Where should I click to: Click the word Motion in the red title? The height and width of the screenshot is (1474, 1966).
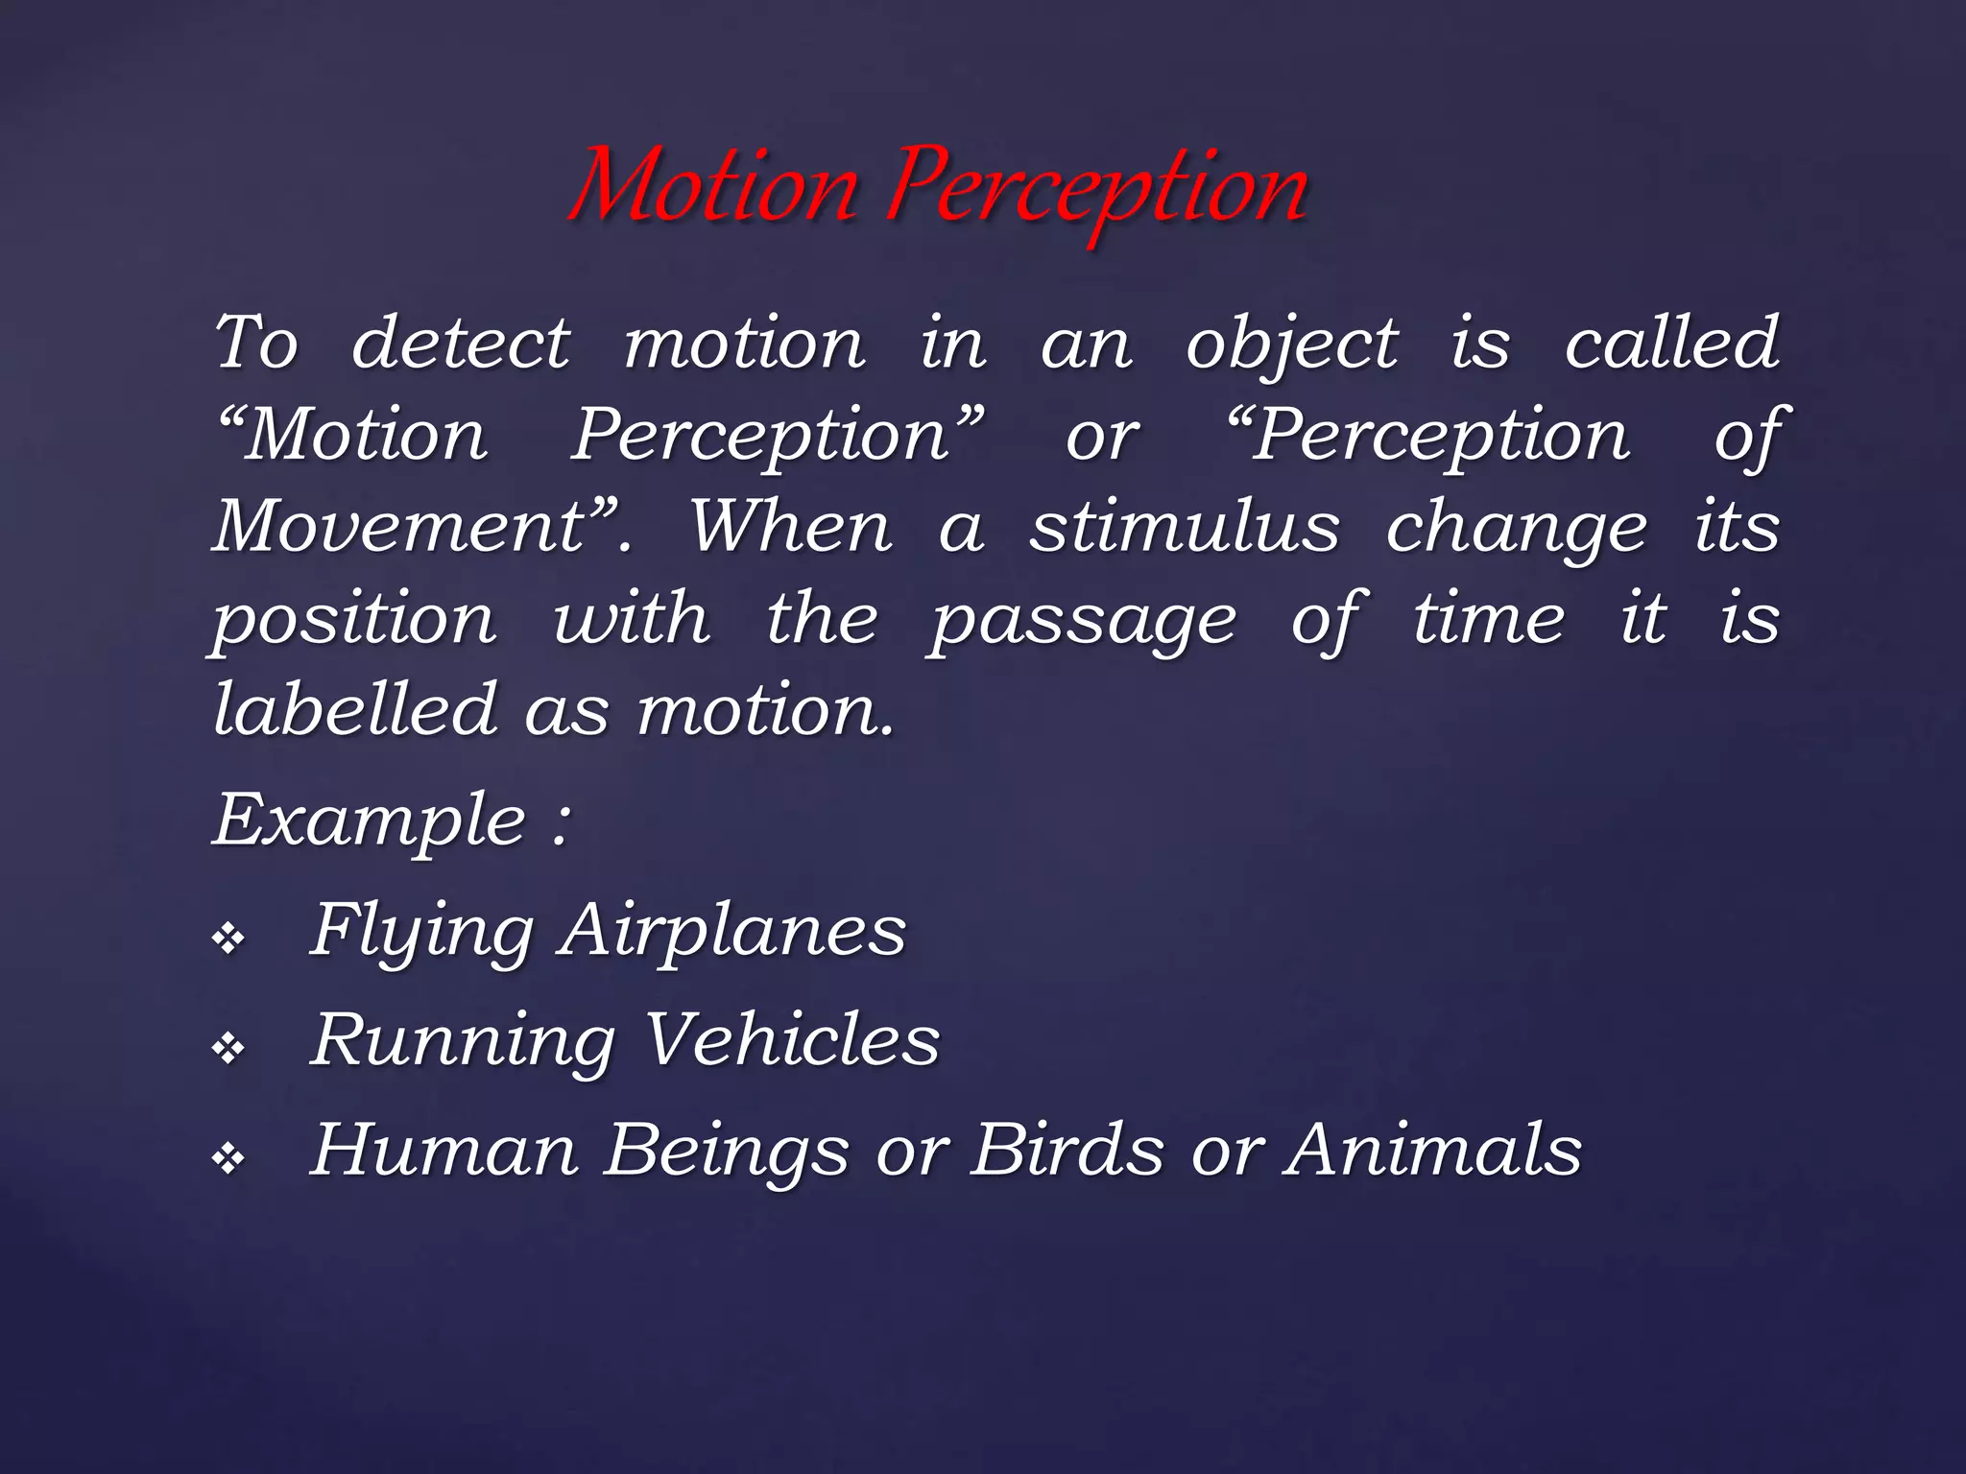click(715, 187)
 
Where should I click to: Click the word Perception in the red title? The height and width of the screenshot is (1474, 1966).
click(1097, 187)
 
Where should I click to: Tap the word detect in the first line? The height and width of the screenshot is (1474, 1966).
click(461, 343)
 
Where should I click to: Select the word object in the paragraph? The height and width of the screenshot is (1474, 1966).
click(1292, 345)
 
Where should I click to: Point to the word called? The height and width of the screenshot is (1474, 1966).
click(1672, 343)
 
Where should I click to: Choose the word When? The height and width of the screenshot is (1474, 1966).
click(791, 527)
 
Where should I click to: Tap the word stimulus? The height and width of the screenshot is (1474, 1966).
click(1185, 527)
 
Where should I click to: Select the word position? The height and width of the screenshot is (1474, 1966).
click(354, 620)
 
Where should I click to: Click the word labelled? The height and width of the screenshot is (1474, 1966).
click(355, 710)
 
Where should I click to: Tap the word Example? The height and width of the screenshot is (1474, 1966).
click(370, 821)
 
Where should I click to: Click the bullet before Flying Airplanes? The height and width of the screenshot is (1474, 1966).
click(229, 939)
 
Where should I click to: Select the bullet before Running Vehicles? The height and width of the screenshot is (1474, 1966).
click(229, 1048)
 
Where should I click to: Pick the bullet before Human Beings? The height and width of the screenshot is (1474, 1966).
click(229, 1159)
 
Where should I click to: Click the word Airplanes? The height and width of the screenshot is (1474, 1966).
click(732, 931)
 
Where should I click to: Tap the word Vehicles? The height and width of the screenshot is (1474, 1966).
click(792, 1040)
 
